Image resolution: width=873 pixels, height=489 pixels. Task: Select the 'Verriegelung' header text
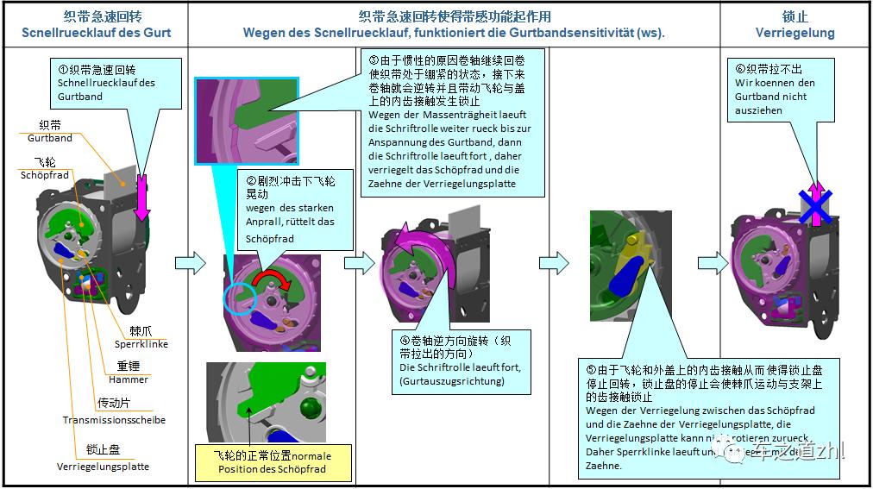click(x=794, y=33)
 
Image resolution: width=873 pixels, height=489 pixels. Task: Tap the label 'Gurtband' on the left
click(x=50, y=138)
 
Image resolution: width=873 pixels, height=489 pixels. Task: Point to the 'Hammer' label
click(x=129, y=379)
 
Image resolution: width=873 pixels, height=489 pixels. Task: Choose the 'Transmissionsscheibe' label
click(x=114, y=420)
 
